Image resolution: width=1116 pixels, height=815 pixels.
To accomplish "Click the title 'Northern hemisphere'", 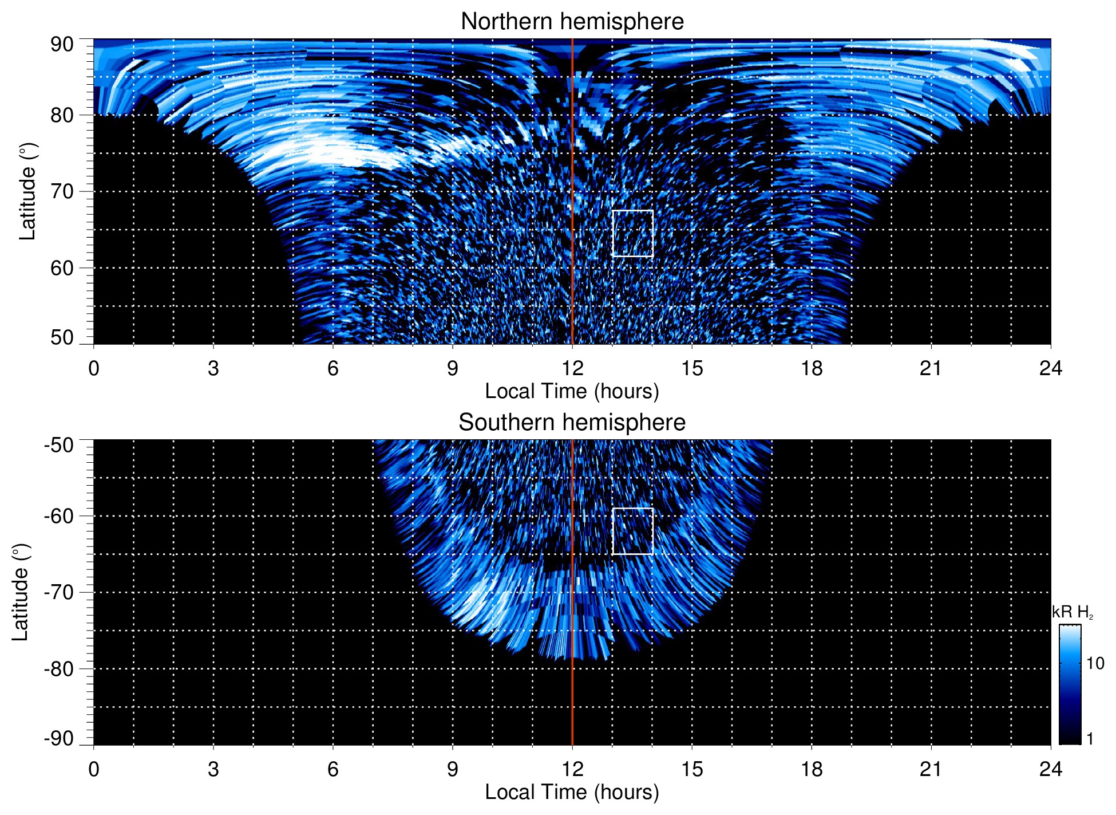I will click(572, 22).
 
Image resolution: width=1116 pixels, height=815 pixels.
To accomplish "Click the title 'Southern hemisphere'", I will click(572, 423).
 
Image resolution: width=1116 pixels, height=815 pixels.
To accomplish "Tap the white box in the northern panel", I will click(632, 234).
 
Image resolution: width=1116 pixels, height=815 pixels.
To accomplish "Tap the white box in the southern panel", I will click(632, 531).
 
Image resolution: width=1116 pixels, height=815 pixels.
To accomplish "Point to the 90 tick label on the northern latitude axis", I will click(62, 45).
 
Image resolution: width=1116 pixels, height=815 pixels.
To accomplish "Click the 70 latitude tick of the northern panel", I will click(62, 191).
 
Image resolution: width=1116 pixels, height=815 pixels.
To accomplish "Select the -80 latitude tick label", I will click(59, 668).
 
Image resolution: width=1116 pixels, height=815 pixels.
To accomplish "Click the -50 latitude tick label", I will click(59, 445).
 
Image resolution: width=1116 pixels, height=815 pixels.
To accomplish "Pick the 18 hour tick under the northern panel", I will click(812, 368).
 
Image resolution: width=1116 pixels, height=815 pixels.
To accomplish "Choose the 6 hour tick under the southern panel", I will click(333, 769).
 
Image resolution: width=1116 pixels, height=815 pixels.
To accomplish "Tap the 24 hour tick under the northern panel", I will click(1050, 368).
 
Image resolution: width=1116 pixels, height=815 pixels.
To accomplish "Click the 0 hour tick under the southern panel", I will click(94, 769).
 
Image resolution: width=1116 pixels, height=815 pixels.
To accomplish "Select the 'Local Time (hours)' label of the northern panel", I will click(572, 391).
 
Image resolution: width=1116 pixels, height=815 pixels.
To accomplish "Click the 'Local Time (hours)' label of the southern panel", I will click(572, 792).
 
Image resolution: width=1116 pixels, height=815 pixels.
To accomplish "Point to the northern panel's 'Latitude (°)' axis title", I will click(27, 191).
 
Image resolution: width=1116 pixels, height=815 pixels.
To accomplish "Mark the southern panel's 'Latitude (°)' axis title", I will click(21, 592).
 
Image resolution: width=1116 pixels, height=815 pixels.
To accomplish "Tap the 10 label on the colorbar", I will click(1095, 664).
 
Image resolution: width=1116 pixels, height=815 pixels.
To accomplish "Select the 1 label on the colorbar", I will click(1090, 739).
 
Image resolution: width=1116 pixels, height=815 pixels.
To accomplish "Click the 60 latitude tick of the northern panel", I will click(62, 268).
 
